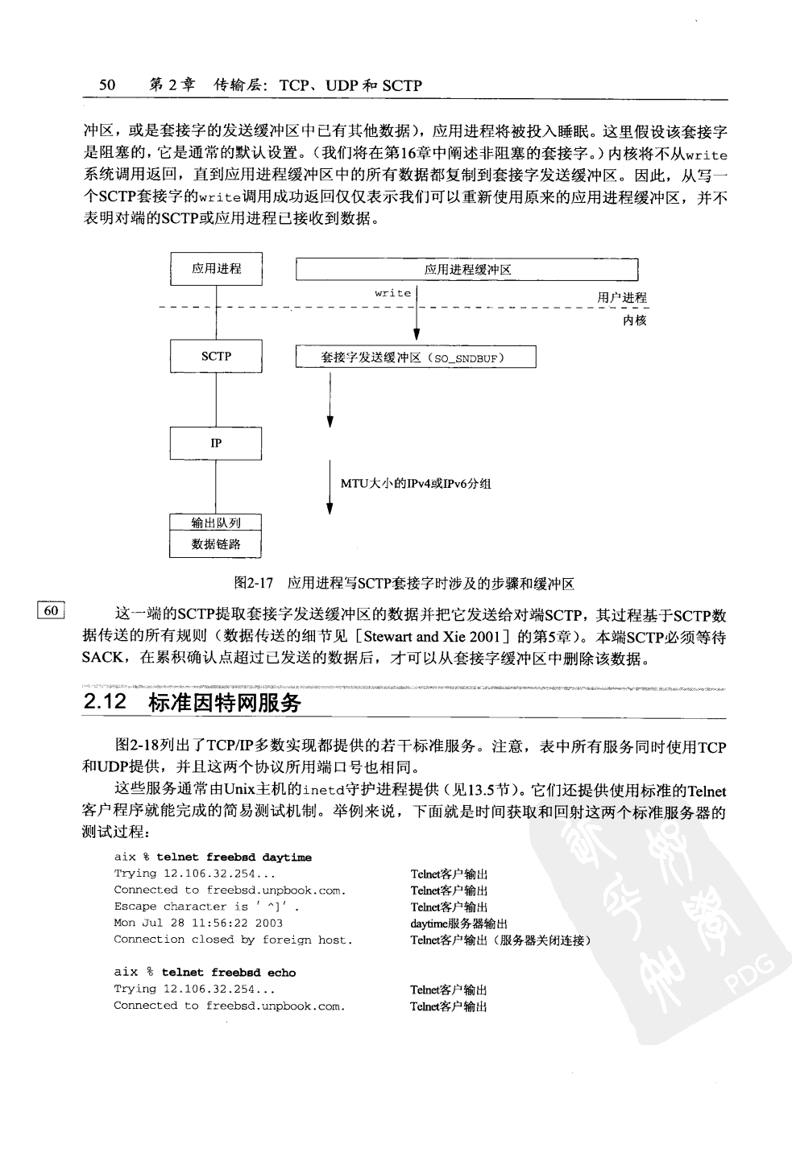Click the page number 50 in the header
pos(107,85)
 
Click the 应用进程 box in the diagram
pos(216,269)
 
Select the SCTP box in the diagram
pos(216,356)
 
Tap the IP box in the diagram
pos(216,443)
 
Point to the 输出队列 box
pos(216,523)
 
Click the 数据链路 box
pos(216,545)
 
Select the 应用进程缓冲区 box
pos(467,270)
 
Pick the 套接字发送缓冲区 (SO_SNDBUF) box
pos(416,357)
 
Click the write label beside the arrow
pos(393,293)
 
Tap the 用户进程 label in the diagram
pos(622,298)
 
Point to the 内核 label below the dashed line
pos(634,320)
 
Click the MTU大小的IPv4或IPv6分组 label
pos(416,483)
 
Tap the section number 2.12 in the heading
pos(106,702)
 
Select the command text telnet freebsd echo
pos(229,973)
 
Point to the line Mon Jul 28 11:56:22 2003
pos(198,923)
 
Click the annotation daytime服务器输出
pos(459,923)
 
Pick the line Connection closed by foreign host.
pos(233,940)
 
